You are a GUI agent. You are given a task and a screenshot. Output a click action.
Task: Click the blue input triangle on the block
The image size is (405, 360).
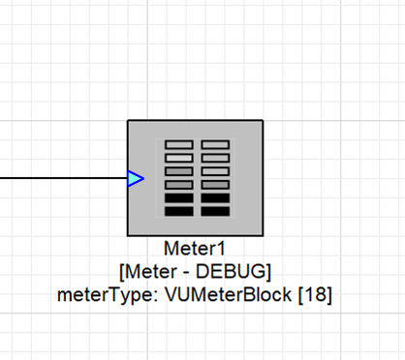(136, 178)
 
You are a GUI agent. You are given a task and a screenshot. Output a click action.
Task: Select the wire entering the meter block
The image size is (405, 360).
(58, 178)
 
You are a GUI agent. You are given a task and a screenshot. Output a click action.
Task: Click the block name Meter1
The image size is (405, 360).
(195, 248)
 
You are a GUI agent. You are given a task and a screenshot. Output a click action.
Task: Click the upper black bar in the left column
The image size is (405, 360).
(178, 197)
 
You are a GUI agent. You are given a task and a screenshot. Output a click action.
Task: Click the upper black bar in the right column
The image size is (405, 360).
(215, 197)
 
